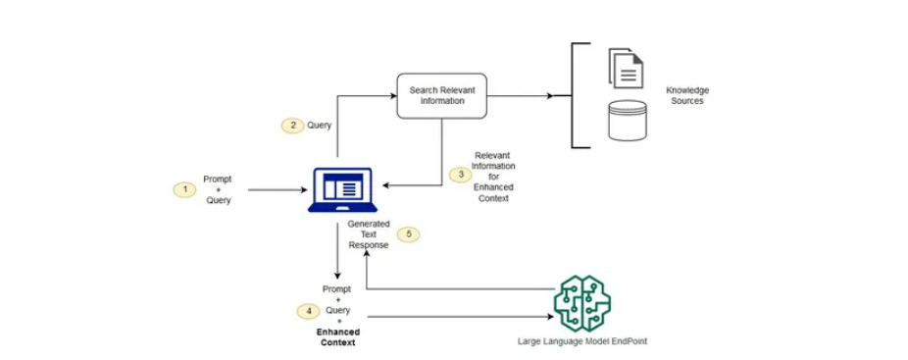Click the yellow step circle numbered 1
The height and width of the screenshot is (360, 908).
182,188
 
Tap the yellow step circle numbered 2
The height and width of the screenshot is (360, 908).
291,126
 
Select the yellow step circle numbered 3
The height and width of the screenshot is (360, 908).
462,175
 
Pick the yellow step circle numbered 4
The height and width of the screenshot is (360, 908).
308,311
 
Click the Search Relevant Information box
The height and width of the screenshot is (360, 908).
441,96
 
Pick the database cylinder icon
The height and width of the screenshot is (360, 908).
626,119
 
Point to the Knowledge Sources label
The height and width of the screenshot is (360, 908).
687,95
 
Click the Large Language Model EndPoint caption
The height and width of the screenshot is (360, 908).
582,342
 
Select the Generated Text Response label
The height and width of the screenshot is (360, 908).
369,234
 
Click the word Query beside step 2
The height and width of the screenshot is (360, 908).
320,126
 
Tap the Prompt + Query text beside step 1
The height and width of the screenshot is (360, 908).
217,189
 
